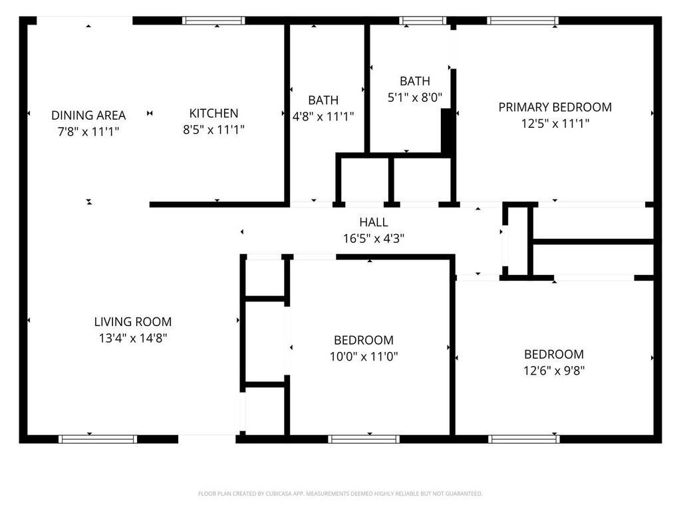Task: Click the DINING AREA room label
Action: coord(88,115)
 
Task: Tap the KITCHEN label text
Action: coord(213,113)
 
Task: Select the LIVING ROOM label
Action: coord(133,321)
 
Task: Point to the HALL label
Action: coord(373,222)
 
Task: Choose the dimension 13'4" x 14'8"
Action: coord(133,338)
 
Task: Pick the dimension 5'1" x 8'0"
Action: coord(414,97)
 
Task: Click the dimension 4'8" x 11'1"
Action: coord(323,116)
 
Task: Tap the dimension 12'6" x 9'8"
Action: coord(554,371)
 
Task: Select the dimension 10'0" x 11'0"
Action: coord(364,357)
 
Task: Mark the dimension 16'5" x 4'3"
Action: coord(373,238)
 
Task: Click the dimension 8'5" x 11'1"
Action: coord(213,130)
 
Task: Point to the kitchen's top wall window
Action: coord(214,21)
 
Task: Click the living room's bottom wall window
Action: coord(98,439)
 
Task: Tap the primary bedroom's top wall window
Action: coord(523,21)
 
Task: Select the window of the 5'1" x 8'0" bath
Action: coord(422,21)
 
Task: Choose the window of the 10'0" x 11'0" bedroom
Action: coord(364,439)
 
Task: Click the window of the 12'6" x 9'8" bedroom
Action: coord(524,439)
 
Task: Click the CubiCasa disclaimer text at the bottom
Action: coord(340,494)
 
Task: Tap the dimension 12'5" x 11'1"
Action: coord(555,123)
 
